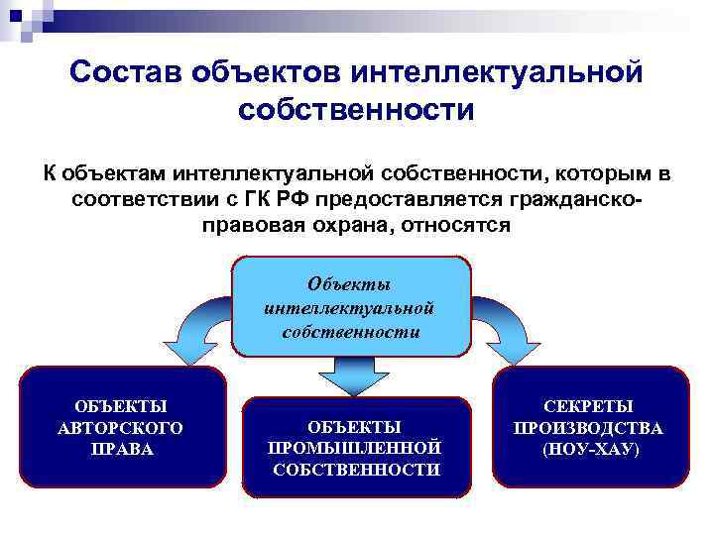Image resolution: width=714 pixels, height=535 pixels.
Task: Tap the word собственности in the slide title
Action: [356, 110]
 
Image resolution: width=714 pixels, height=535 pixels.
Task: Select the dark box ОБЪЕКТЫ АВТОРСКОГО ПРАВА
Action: [122, 426]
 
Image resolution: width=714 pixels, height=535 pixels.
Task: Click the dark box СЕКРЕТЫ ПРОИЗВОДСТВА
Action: [590, 426]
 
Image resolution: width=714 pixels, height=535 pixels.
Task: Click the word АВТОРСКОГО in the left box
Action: [121, 428]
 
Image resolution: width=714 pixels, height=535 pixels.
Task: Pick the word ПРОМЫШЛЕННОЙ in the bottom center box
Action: [355, 448]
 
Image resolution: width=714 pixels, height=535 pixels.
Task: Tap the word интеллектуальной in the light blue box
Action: [350, 308]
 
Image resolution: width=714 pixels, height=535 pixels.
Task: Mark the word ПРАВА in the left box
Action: [121, 450]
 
